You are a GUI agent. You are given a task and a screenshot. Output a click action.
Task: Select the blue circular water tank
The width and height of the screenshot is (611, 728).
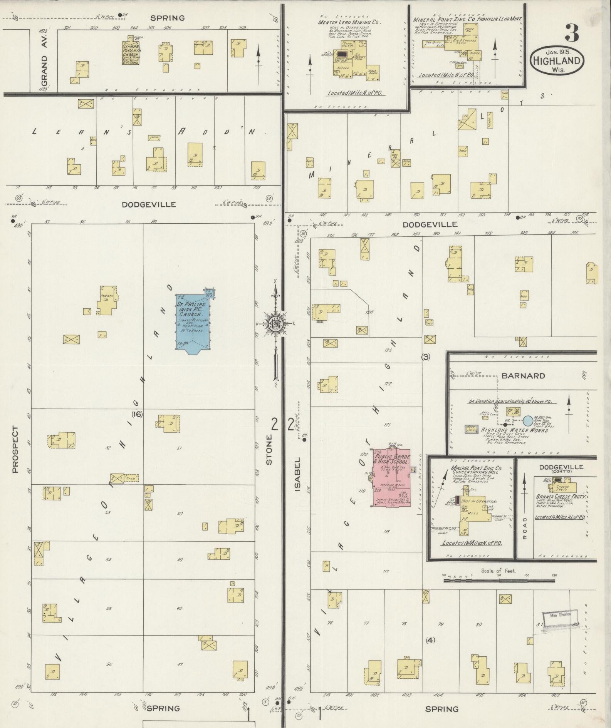pyautogui.click(x=528, y=420)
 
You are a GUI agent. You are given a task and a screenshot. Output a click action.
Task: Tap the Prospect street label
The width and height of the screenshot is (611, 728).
pyautogui.click(x=15, y=449)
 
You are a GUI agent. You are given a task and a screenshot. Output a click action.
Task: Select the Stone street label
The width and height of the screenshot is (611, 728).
pyautogui.click(x=269, y=449)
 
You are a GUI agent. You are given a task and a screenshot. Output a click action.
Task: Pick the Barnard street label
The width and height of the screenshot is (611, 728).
pyautogui.click(x=523, y=376)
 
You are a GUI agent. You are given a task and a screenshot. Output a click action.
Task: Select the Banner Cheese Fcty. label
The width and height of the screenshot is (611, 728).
pyautogui.click(x=561, y=497)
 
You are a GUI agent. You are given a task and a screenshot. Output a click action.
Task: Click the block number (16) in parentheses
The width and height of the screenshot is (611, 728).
pyautogui.click(x=137, y=414)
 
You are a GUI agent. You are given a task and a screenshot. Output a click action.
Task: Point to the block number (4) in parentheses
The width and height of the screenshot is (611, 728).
pyautogui.click(x=430, y=640)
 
